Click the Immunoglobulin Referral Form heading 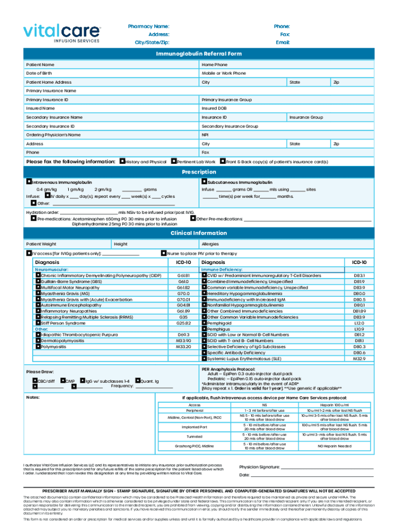[199, 54]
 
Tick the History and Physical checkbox [122, 162]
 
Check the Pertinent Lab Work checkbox [173, 162]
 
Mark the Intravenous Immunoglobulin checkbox [29, 182]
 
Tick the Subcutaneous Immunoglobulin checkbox [204, 182]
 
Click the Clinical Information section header [199, 233]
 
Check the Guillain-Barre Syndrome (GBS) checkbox [38, 282]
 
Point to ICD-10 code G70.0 [183, 293]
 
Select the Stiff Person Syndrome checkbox [38, 323]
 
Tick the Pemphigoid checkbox [204, 323]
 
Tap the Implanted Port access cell [194, 427]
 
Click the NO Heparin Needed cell [334, 445]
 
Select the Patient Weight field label [41, 244]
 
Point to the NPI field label [205, 135]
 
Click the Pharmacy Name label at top [148, 26]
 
